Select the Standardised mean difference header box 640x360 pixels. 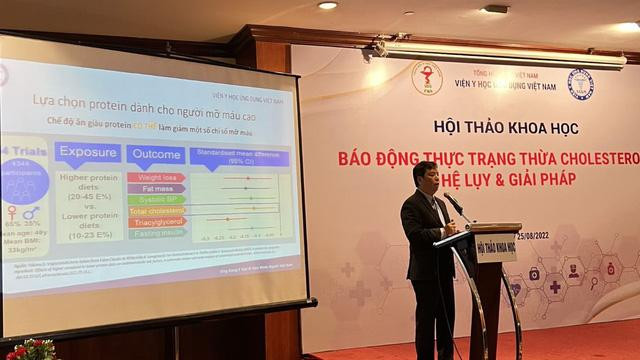pyautogui.click(x=239, y=156)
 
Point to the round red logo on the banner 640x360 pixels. pyautogui.click(x=427, y=77)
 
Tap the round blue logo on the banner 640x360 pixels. pyautogui.click(x=580, y=84)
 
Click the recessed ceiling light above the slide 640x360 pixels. pyautogui.click(x=327, y=5)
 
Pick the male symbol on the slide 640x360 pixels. pyautogui.click(x=33, y=212)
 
